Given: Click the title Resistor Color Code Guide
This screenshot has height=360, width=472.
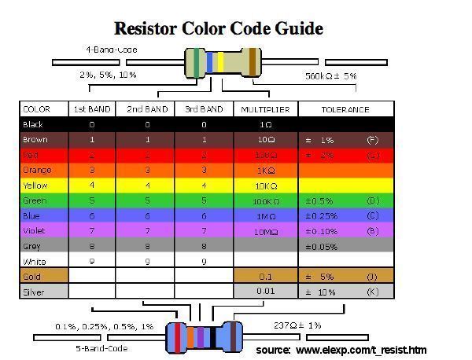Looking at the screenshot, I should point(219,29).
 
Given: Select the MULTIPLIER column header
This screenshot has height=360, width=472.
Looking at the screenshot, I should point(265,109).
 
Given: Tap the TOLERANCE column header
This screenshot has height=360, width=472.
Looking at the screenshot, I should point(345,109).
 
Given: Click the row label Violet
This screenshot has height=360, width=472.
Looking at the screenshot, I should point(34,230).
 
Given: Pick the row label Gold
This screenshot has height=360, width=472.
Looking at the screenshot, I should point(32,277).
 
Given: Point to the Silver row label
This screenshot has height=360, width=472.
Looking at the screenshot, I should point(34,292).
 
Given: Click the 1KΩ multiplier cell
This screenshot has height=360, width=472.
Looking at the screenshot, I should point(265,170).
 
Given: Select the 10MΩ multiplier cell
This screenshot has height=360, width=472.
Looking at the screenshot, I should point(265,230).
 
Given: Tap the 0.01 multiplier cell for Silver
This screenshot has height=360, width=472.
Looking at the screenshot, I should point(265,292).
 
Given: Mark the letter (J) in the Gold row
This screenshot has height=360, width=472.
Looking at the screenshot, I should point(371,277).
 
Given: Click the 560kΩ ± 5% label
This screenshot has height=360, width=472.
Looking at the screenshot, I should point(330,76).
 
